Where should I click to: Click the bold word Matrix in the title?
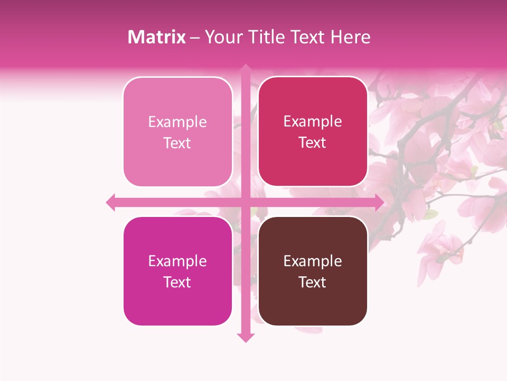tap(157, 37)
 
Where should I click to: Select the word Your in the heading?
tap(222, 37)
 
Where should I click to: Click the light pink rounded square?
tap(177, 132)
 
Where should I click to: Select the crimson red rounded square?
tap(313, 132)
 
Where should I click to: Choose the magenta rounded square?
tap(177, 271)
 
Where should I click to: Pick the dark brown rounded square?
tap(313, 271)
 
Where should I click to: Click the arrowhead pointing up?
tap(246, 68)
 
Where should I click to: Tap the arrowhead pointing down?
tap(246, 337)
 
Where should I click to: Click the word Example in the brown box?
tap(313, 261)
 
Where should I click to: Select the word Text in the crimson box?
tap(313, 142)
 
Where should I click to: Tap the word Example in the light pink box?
tap(177, 122)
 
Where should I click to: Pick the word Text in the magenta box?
tap(177, 282)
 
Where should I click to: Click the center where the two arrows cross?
tap(246, 202)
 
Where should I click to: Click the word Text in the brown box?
tap(313, 282)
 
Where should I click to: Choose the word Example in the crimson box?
tap(313, 121)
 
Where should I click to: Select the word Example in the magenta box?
tap(177, 261)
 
